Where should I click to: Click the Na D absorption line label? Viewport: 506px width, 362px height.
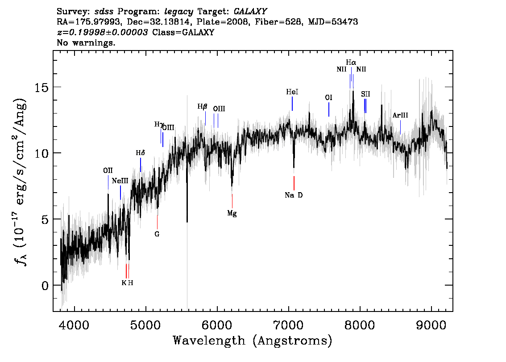click(294, 195)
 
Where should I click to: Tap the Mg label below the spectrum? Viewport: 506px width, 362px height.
click(232, 213)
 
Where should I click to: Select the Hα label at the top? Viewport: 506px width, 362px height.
click(351, 63)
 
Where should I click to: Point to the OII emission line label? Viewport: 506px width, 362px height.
click(108, 171)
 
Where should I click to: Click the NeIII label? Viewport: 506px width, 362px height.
click(120, 181)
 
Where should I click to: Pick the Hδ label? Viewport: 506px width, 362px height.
click(141, 153)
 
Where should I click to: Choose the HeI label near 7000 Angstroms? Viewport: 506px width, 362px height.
click(292, 92)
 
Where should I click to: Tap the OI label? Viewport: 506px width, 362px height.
click(328, 97)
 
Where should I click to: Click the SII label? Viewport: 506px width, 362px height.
click(365, 94)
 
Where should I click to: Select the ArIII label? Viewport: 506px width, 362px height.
click(400, 115)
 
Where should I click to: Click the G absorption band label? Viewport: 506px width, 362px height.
click(157, 234)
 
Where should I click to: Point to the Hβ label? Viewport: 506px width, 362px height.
click(202, 107)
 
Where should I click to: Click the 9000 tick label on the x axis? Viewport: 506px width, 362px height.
click(431, 325)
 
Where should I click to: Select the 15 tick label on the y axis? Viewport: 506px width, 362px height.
click(41, 87)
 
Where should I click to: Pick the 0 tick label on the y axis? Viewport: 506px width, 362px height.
click(45, 286)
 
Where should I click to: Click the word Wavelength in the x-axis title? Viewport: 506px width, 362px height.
click(209, 341)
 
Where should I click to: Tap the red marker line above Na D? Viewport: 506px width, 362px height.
click(294, 183)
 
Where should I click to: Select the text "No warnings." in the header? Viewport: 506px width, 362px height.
click(86, 42)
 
